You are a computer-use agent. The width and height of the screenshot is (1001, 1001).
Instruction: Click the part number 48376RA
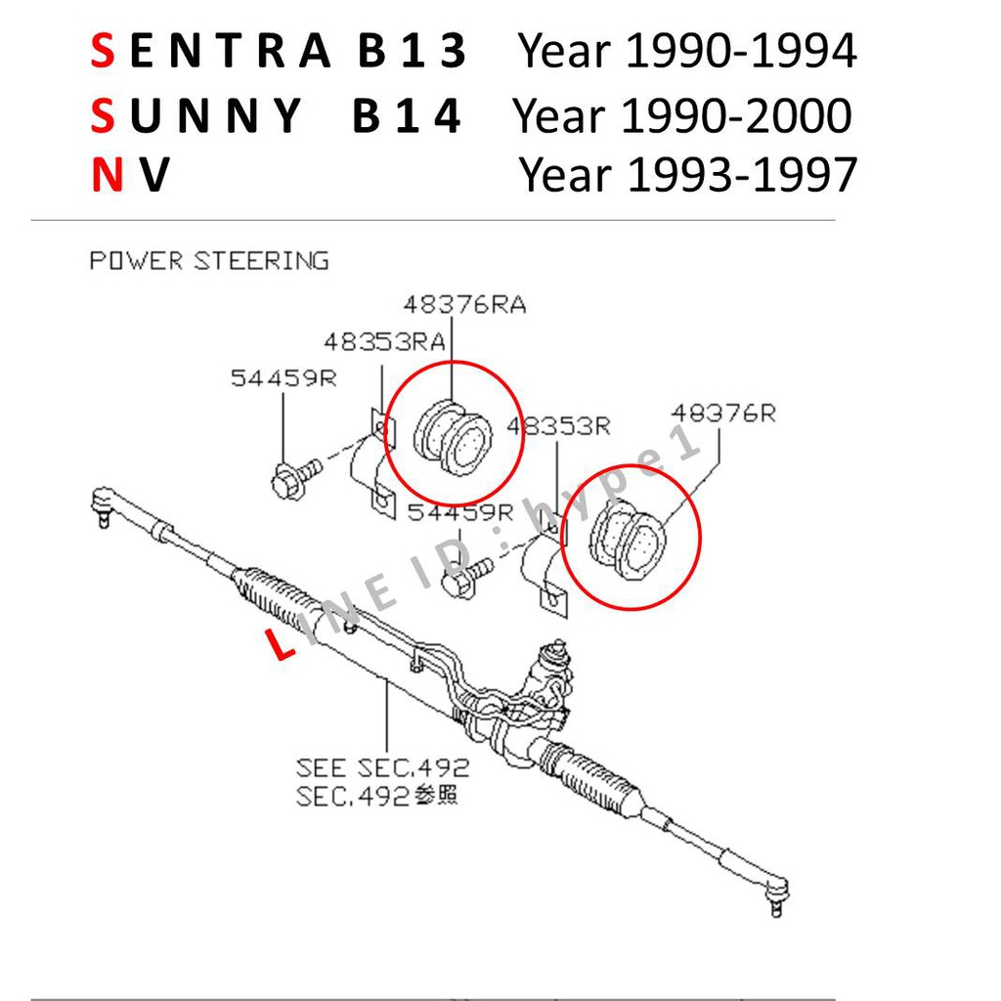pos(464,305)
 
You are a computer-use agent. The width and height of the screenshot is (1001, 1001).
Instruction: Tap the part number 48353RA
pos(384,342)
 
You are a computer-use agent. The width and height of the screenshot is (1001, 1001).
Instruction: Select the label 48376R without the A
pos(723,413)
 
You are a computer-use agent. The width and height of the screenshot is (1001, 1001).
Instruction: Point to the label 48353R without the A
pos(558,426)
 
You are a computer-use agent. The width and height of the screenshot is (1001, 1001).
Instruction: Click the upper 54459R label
pos(283,378)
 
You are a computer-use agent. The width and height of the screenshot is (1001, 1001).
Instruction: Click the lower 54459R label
pos(460,512)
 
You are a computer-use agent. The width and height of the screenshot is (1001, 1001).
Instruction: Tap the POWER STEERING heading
pos(209,260)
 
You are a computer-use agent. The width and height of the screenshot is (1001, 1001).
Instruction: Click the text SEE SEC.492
pos(382,767)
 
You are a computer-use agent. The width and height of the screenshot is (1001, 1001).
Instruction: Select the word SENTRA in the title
pos(211,51)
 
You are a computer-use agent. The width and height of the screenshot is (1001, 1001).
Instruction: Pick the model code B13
pos(413,51)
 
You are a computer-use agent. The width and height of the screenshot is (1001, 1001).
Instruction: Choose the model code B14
pos(407,115)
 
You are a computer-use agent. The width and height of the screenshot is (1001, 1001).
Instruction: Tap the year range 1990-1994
pos(741,51)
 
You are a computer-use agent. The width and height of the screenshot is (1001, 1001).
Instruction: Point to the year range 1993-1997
pos(743,174)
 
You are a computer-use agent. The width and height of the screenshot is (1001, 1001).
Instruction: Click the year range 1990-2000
pos(736,115)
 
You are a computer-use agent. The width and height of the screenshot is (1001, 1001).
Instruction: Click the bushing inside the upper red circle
pos(454,437)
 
